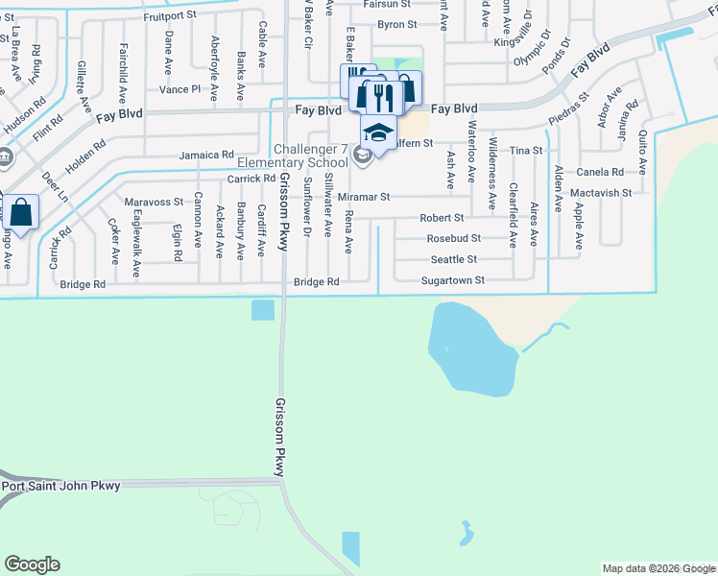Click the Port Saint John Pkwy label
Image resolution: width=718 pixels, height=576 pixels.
(61, 486)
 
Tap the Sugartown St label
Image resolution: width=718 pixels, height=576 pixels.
(453, 280)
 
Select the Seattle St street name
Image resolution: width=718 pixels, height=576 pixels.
(453, 259)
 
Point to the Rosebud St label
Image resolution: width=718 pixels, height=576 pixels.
(453, 238)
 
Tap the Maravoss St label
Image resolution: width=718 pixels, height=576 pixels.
(154, 202)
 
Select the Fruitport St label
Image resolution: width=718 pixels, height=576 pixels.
(169, 16)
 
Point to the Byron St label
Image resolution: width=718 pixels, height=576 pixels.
(397, 24)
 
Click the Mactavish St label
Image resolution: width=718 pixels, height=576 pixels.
(600, 193)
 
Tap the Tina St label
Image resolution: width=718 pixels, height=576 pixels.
(526, 151)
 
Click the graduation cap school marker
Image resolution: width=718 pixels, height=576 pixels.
(378, 133)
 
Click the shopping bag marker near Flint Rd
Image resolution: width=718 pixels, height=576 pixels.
(22, 212)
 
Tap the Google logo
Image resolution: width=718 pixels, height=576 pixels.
(32, 564)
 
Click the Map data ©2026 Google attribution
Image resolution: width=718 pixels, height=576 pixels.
(658, 568)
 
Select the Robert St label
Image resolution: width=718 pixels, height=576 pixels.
(442, 218)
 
